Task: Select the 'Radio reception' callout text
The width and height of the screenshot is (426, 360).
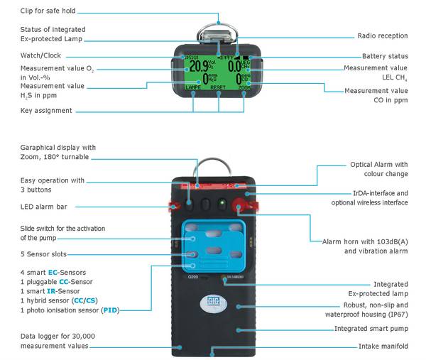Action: [382, 36]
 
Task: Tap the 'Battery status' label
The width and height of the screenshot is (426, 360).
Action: [385, 56]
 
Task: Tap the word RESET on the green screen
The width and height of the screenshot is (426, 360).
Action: [218, 88]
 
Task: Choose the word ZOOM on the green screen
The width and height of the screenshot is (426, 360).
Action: [243, 88]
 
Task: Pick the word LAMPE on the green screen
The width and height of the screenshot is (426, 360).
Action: [193, 88]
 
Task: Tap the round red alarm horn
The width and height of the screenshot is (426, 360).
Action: [241, 206]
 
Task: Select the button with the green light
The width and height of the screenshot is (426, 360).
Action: [222, 203]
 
